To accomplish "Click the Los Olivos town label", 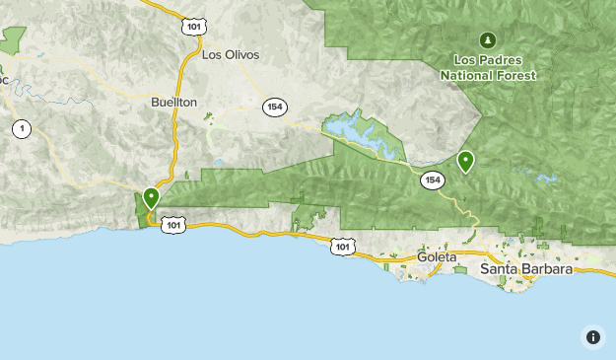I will click(230, 55).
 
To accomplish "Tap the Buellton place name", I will click(174, 102).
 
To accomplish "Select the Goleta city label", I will click(437, 256).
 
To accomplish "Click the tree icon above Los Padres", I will click(486, 39).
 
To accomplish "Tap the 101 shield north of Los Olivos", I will click(191, 27).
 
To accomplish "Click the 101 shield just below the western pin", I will click(173, 225).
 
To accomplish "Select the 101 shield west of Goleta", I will click(341, 246).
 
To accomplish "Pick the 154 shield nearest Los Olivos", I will click(275, 107).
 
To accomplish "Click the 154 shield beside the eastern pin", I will click(432, 180).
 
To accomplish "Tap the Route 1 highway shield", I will click(21, 128).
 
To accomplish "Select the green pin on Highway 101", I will click(151, 197).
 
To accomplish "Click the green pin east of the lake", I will click(465, 160).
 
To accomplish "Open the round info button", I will click(592, 336).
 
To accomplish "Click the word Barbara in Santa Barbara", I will click(546, 268).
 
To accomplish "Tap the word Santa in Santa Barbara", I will click(499, 268).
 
